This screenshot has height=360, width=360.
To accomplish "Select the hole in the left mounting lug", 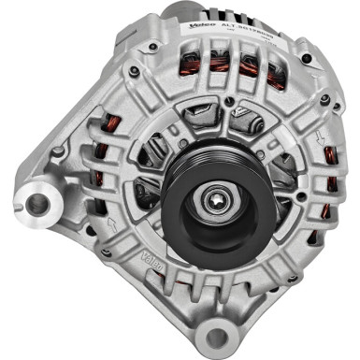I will tap(37, 201).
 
